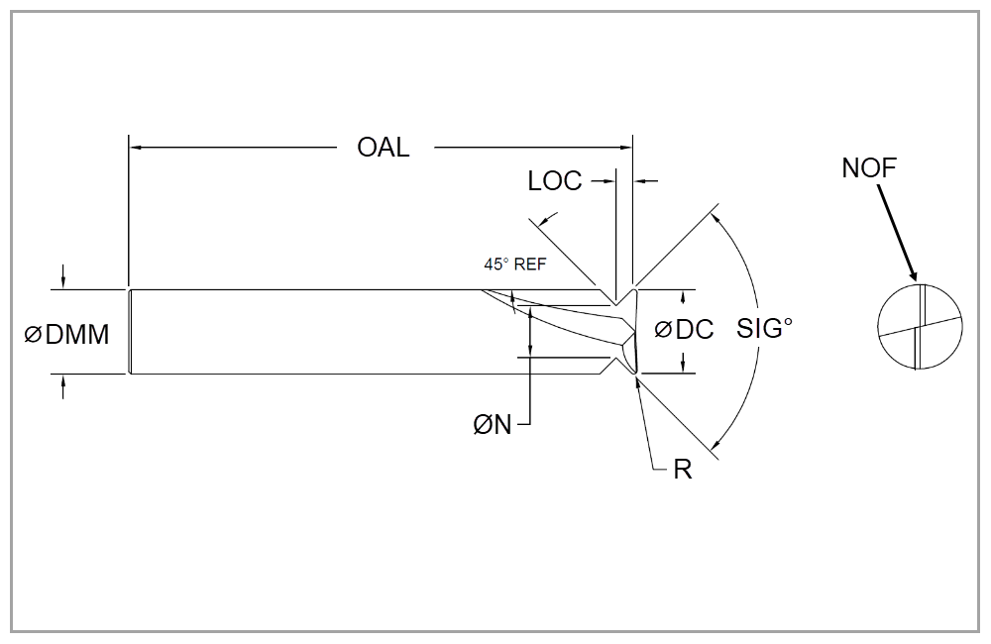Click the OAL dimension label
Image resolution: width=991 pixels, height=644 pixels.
383,148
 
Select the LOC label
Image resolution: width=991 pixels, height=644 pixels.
555,181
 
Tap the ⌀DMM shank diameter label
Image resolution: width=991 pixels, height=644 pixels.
66,335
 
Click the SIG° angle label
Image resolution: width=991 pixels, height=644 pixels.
765,329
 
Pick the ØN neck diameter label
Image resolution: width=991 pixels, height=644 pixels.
493,425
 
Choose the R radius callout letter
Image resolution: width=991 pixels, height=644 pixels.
682,470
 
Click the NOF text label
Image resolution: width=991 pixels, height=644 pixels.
869,168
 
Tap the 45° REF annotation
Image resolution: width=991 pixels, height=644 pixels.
515,265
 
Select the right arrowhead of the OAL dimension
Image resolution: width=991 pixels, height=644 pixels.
626,148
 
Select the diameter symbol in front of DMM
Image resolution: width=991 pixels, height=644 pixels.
33,336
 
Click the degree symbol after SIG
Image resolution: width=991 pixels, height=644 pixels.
789,322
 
